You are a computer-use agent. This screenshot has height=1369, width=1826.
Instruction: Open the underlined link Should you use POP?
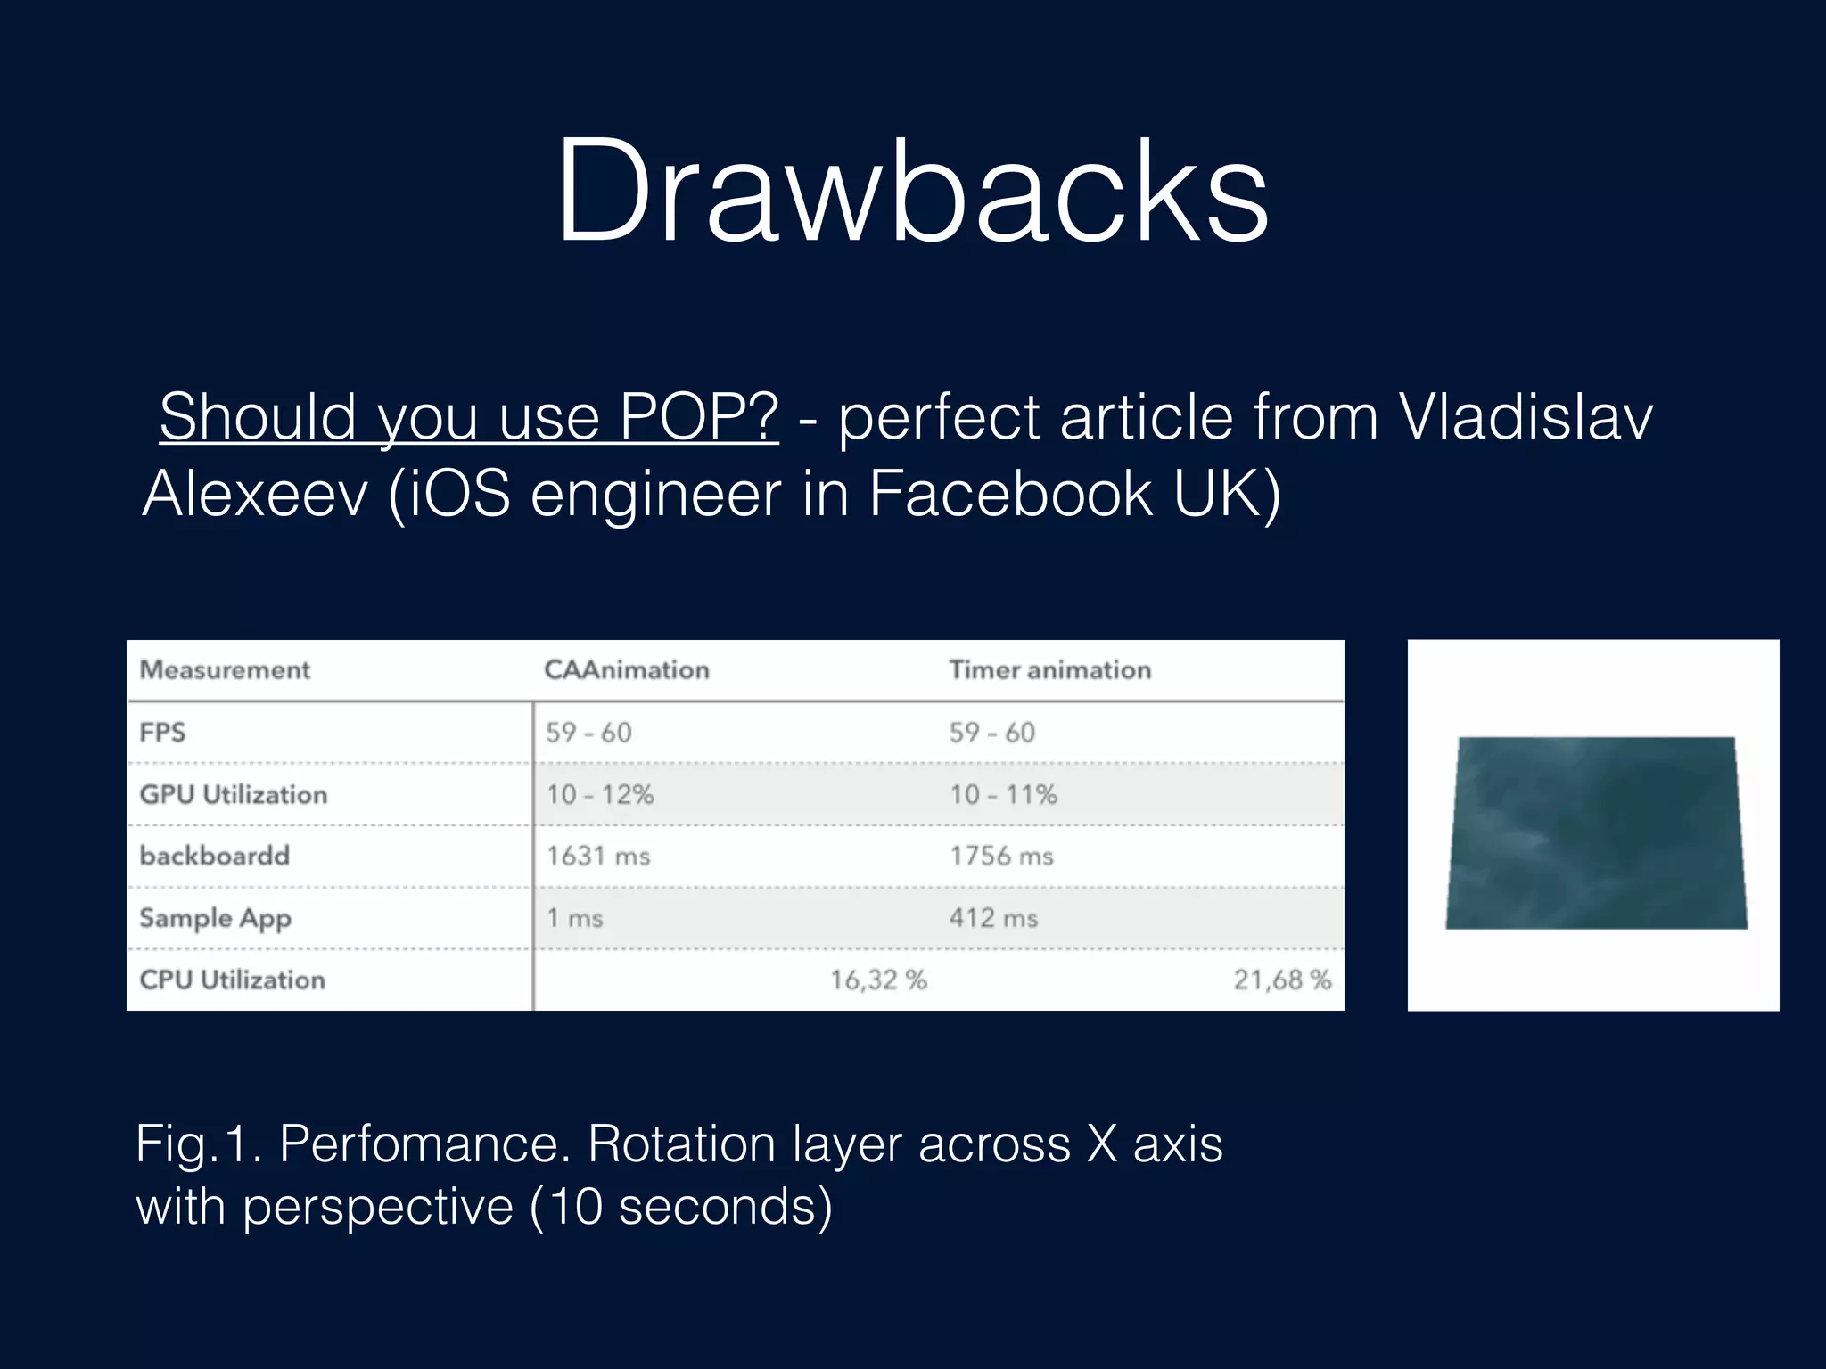click(x=469, y=416)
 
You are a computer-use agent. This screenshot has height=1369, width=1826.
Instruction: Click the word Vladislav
click(x=1526, y=416)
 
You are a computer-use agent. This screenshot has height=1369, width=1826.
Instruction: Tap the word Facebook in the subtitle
click(x=1010, y=493)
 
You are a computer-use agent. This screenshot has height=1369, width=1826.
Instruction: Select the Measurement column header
click(x=225, y=669)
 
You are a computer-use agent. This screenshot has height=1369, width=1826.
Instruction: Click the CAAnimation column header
click(x=627, y=669)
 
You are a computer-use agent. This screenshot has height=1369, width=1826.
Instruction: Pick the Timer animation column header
click(x=1049, y=669)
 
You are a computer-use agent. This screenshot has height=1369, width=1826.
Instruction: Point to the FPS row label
click(x=162, y=733)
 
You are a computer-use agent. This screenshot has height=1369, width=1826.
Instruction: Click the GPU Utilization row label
click(x=234, y=794)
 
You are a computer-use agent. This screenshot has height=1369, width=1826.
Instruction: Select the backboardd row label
click(x=215, y=856)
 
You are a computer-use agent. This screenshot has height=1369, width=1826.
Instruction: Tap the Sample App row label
click(x=215, y=918)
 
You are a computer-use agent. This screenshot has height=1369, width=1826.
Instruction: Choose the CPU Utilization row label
click(x=232, y=980)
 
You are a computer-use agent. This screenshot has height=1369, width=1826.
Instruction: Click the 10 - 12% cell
click(x=600, y=794)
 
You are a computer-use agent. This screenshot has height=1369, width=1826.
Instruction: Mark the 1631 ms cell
click(x=598, y=856)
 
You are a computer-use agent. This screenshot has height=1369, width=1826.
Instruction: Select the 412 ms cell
click(x=993, y=918)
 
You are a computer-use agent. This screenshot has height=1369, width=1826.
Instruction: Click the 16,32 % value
click(x=878, y=980)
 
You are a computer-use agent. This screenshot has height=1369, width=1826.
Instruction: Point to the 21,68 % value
click(x=1281, y=980)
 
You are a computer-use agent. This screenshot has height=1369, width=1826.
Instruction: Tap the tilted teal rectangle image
click(x=1595, y=832)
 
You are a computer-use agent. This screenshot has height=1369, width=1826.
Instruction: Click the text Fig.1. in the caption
click(x=199, y=1144)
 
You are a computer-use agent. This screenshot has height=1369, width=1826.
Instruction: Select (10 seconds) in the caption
click(x=681, y=1207)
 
